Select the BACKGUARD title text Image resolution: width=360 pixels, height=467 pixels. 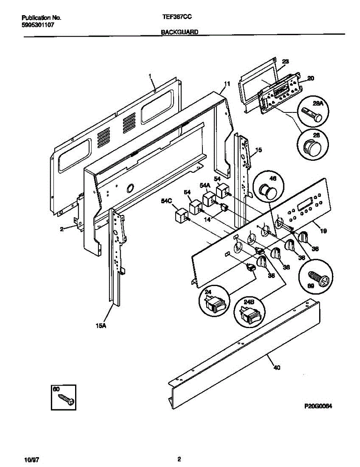(x=180, y=33)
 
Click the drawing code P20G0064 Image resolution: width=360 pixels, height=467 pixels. (x=320, y=406)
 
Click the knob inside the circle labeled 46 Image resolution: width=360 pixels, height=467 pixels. (x=267, y=190)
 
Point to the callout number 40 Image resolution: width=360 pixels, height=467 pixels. (x=277, y=367)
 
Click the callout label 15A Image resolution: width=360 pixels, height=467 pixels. (x=101, y=326)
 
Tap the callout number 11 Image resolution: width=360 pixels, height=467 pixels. (x=227, y=84)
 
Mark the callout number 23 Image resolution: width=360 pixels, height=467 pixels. (x=285, y=61)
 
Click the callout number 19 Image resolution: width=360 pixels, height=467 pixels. (x=323, y=231)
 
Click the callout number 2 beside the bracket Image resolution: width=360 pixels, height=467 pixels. (x=61, y=229)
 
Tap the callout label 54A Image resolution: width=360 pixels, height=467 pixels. (x=205, y=185)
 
